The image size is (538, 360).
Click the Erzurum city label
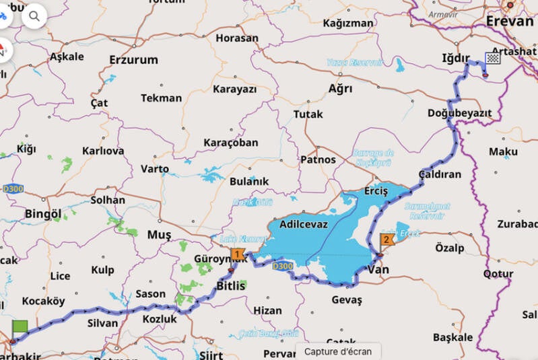click(x=133, y=60)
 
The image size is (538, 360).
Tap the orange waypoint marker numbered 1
click(x=237, y=254)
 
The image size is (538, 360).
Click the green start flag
click(x=20, y=328)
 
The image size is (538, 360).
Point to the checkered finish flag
click(x=493, y=59)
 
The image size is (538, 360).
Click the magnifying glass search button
click(x=34, y=15)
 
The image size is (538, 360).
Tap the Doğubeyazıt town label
click(x=459, y=113)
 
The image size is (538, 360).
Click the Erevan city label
click(x=510, y=21)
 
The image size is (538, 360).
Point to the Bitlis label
click(x=231, y=285)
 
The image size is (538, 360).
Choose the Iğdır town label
click(x=455, y=58)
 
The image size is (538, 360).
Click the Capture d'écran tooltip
click(x=337, y=351)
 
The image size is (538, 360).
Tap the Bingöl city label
click(x=42, y=213)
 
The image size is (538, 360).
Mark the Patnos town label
click(x=318, y=159)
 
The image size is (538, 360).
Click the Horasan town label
click(x=236, y=38)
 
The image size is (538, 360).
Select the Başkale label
click(x=452, y=336)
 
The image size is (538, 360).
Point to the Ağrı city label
click(x=339, y=89)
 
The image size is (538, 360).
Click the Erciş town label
click(x=376, y=191)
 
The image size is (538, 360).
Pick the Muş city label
click(x=160, y=234)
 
